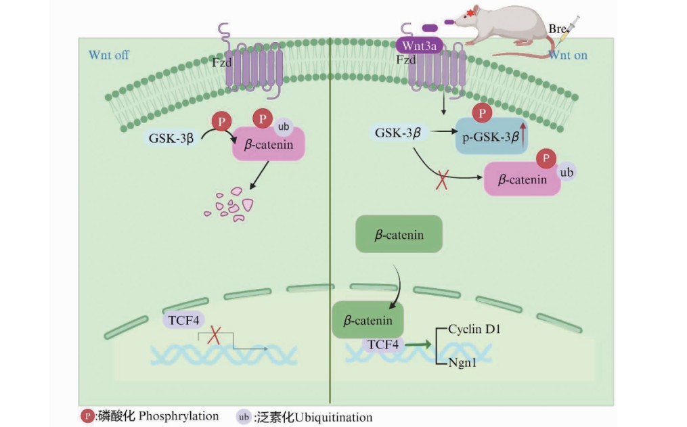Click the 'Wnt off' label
(x=108, y=55)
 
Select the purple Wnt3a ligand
(x=420, y=46)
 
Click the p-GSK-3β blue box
(x=490, y=135)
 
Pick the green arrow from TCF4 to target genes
(x=419, y=345)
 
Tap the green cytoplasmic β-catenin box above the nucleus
(x=399, y=235)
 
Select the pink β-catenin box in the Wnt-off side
(x=269, y=143)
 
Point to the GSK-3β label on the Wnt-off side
(x=171, y=139)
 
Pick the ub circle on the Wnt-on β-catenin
(x=567, y=173)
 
